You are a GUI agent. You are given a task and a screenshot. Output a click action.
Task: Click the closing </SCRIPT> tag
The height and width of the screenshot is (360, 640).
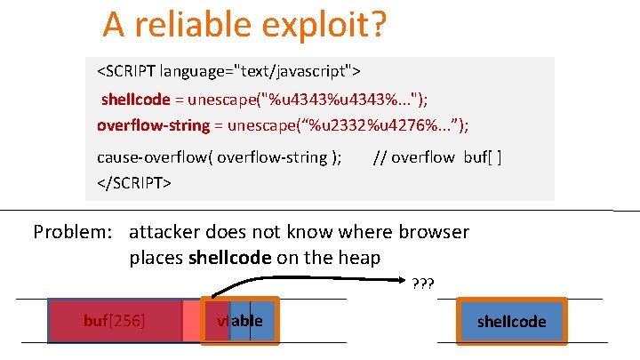[x=134, y=182]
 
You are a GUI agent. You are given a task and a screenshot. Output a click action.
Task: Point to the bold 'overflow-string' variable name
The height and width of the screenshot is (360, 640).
[x=153, y=124]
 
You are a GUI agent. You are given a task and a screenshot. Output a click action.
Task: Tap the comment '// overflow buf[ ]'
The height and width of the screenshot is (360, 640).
[x=437, y=158]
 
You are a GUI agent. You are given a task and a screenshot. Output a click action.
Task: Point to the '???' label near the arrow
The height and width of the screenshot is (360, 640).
[x=422, y=284]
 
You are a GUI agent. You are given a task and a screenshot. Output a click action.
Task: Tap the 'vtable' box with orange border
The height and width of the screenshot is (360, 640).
[x=240, y=321]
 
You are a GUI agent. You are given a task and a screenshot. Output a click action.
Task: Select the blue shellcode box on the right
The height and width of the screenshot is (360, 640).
[x=511, y=321]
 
